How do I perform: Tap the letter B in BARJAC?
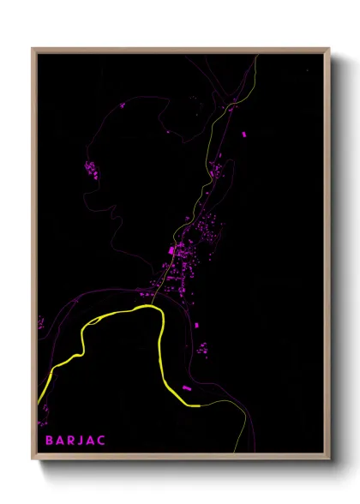[41, 441]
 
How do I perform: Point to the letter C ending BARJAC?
[104, 441]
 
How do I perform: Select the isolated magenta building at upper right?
[241, 135]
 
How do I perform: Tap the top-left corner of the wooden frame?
[33, 50]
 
